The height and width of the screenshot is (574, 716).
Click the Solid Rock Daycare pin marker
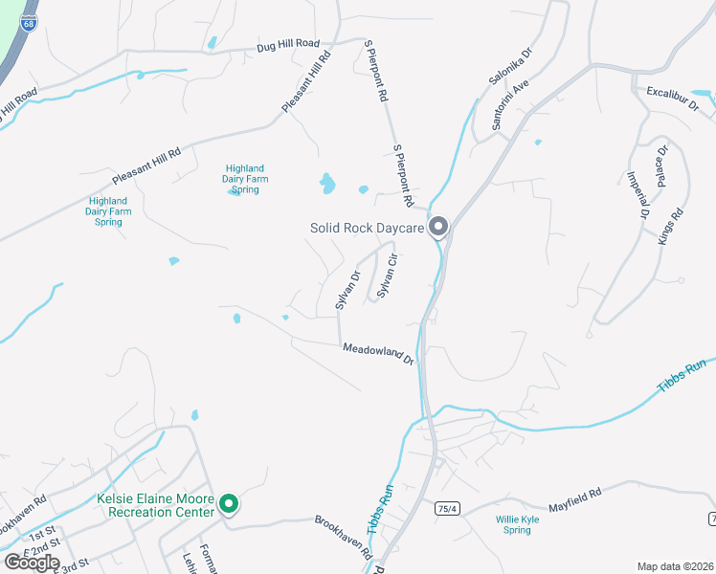coord(438,227)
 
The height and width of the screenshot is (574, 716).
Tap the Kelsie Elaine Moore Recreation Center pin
coord(229,503)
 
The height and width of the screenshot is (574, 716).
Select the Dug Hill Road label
coord(288,44)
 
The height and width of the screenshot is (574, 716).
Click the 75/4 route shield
coord(441,507)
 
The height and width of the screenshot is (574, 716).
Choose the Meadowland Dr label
coord(378,353)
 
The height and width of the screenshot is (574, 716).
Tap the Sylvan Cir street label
coord(388,276)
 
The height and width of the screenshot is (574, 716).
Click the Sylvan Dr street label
coord(347,290)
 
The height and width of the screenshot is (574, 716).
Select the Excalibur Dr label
coord(669,93)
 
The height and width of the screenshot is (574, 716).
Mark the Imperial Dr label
coord(638,194)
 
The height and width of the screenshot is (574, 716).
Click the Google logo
coord(32,563)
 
